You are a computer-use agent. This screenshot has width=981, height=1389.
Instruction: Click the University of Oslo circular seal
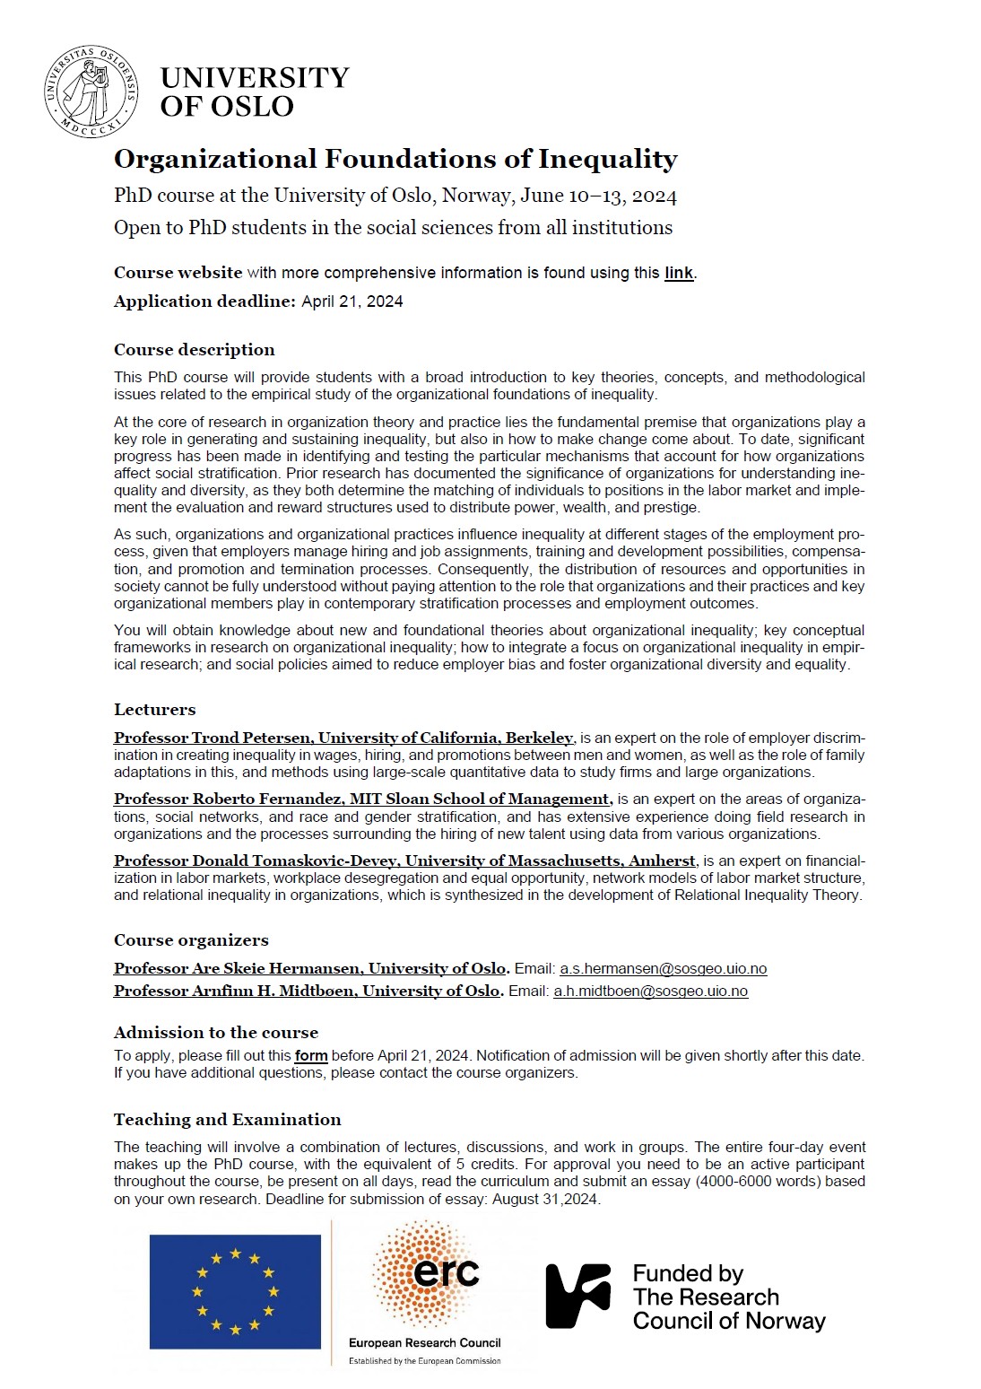point(91,92)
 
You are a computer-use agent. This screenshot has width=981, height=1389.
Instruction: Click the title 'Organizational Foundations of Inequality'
point(395,160)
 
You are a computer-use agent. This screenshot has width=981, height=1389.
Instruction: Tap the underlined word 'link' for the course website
point(679,273)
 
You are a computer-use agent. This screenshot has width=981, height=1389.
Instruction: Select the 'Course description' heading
point(194,350)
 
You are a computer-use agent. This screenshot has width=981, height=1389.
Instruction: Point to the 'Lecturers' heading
point(154,710)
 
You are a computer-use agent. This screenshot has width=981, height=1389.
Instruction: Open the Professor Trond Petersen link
point(343,738)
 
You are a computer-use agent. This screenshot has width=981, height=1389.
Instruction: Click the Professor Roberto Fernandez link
point(363,799)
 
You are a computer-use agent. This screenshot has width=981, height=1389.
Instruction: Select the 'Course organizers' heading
point(191,940)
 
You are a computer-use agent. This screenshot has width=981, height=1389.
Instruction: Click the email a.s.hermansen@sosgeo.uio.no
point(663,969)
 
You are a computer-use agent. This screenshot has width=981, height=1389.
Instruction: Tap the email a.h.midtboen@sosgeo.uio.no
point(650,992)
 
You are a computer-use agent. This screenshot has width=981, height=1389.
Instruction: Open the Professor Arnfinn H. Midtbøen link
point(307,992)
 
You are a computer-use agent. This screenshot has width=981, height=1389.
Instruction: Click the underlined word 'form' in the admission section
point(311,1056)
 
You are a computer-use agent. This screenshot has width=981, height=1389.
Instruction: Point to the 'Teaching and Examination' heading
point(227,1120)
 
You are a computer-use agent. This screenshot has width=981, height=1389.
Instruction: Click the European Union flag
point(235,1291)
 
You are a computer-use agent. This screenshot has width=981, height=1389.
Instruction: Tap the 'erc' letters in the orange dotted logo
point(447,1272)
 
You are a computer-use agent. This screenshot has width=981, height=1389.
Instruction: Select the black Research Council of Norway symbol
point(577,1296)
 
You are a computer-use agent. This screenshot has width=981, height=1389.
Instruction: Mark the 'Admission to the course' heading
point(215,1033)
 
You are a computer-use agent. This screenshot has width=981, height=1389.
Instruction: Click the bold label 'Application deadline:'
point(204,301)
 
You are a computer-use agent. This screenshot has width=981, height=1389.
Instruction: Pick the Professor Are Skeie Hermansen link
point(310,969)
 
